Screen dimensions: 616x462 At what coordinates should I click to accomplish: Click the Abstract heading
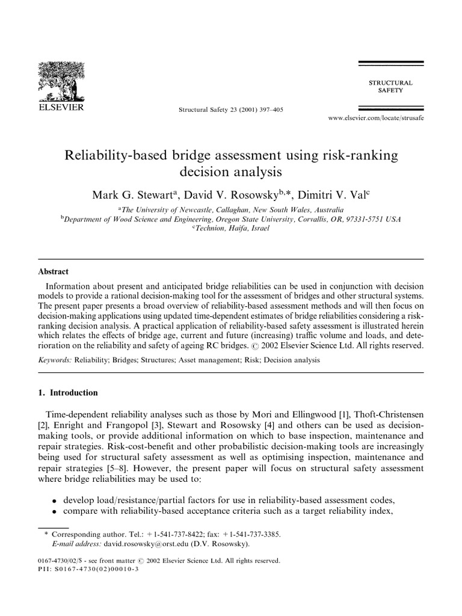tap(53, 271)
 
